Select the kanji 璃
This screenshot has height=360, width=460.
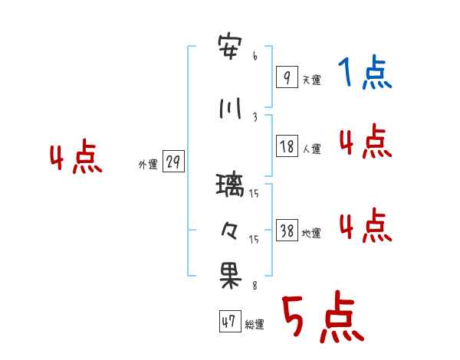[x=231, y=185]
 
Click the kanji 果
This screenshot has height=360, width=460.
[x=231, y=277]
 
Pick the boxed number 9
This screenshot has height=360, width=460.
[x=286, y=77]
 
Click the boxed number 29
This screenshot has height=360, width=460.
[x=173, y=162]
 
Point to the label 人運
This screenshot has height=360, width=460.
[x=311, y=149]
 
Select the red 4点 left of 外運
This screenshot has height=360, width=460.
[x=75, y=159]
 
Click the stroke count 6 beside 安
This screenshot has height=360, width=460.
[x=255, y=57]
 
